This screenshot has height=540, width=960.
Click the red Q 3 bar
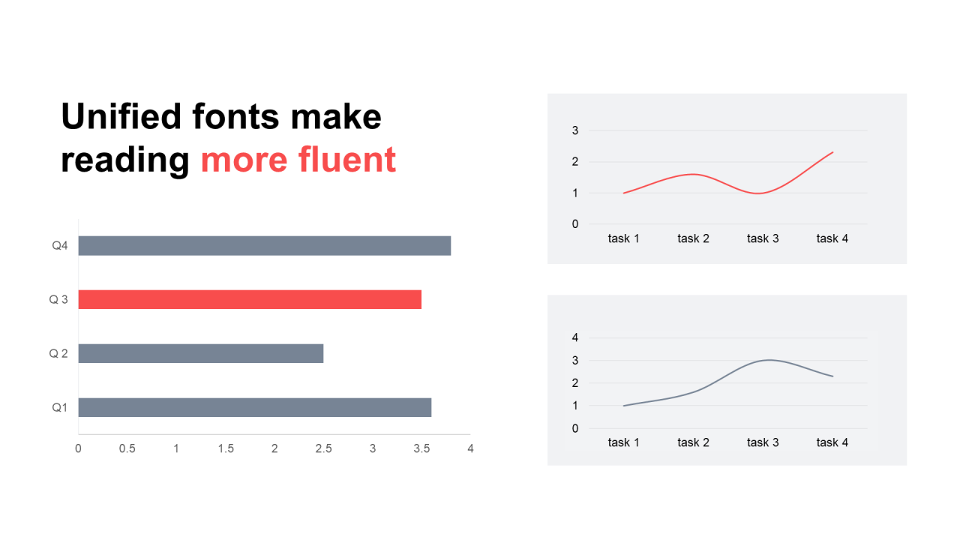250,299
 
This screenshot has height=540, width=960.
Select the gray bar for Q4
265,246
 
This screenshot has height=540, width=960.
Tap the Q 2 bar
201,353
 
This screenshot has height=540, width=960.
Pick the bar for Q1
255,407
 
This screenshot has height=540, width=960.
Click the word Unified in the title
121,116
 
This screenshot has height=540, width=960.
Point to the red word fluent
347,160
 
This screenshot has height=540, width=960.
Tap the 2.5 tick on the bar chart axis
323,448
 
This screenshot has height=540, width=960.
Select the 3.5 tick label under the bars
421,448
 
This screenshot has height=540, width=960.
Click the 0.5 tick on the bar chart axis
127,448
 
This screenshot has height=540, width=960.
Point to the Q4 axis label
59,245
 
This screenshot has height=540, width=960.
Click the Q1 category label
59,407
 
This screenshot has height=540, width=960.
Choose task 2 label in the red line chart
694,238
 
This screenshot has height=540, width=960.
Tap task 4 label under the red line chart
832,238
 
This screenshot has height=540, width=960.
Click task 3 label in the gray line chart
763,442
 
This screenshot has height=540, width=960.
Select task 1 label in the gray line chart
623,442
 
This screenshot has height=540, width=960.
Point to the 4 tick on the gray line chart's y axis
575,337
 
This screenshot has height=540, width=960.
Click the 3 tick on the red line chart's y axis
575,130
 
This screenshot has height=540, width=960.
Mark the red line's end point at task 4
832,152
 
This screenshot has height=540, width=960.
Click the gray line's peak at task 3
770,360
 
